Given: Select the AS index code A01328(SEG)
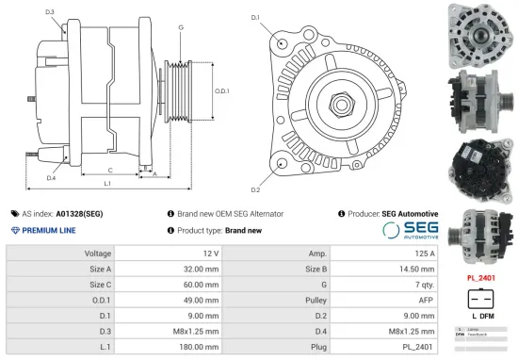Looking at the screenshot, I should click(x=79, y=214).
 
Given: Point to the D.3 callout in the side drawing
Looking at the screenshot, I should click(x=49, y=12).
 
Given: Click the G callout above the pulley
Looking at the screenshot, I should click(x=180, y=27).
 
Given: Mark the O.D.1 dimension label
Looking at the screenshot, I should click(x=222, y=90).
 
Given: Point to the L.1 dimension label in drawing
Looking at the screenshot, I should click(x=107, y=182).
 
